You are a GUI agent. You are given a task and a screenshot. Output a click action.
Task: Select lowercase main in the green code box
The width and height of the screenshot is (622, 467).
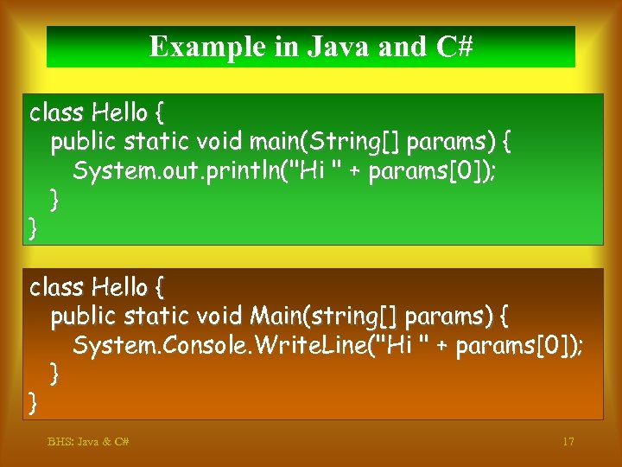(277, 141)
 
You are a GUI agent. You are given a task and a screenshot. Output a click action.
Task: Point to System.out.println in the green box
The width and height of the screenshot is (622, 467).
(182, 170)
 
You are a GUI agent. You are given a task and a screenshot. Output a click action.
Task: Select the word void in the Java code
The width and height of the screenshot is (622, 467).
(219, 141)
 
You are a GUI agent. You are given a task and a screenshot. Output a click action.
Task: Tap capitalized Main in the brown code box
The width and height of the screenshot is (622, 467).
(278, 316)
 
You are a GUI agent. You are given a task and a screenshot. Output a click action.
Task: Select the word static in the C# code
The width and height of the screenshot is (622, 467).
(158, 316)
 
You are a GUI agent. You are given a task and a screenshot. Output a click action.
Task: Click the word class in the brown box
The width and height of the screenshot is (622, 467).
(56, 286)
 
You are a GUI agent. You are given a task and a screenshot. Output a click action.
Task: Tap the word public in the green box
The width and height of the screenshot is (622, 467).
(84, 141)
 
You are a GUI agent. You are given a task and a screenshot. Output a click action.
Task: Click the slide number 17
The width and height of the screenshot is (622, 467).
(568, 442)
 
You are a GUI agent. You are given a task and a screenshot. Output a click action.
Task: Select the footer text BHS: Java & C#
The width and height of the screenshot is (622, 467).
(88, 442)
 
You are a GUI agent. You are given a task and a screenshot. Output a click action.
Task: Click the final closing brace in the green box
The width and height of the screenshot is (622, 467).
(33, 228)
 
